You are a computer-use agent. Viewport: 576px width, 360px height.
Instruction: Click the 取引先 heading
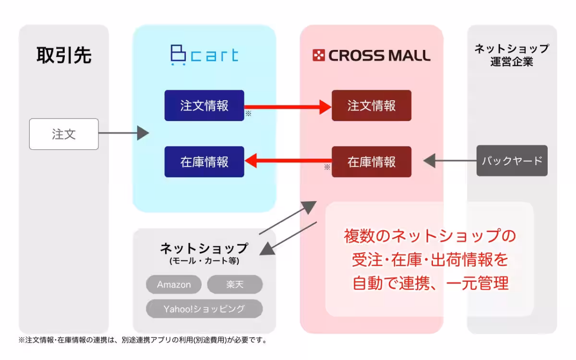pos(64,56)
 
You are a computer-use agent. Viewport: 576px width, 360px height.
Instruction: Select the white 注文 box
pos(64,134)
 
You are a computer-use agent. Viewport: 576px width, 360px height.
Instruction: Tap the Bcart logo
pos(204,55)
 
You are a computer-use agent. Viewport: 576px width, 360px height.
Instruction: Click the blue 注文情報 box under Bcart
pos(204,106)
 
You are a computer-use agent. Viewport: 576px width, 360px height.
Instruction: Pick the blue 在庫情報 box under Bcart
pos(204,162)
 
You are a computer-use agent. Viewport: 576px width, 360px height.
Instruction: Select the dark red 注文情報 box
pos(371,106)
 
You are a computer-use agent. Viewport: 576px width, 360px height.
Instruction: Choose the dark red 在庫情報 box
pos(371,162)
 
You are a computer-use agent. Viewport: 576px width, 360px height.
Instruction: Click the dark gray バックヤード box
pos(512,161)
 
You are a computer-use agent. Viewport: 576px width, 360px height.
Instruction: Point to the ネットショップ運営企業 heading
pos(512,55)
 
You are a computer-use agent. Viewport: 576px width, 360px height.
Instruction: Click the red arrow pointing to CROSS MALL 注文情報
pos(288,106)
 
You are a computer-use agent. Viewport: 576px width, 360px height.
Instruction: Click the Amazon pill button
pos(174,285)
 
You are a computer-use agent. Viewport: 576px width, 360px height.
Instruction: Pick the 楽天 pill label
pos(235,285)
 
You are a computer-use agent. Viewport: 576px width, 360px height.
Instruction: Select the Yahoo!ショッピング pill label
pos(204,309)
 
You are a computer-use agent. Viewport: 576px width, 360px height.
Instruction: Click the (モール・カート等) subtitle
pos(204,261)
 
